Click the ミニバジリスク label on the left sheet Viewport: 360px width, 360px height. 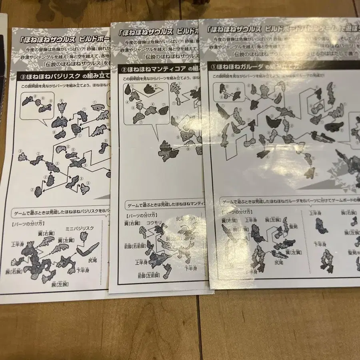point(80,228)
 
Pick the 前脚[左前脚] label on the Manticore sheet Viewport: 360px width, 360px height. point(150,276)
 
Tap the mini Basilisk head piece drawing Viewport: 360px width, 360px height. point(84,236)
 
